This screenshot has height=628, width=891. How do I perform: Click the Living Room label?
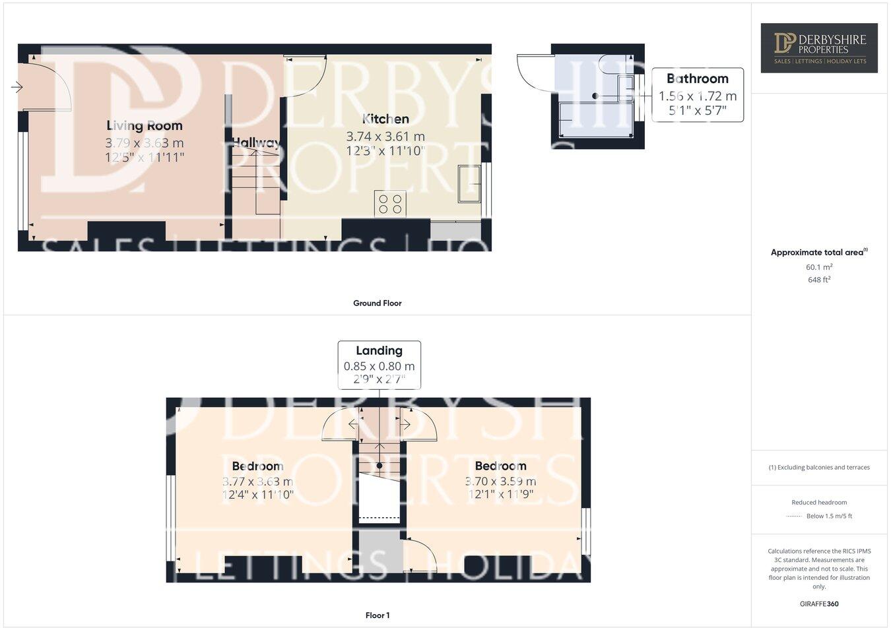point(145,125)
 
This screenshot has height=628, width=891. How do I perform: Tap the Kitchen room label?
point(385,119)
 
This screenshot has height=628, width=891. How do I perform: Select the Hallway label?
point(255,142)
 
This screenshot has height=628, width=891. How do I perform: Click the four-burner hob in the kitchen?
point(390,203)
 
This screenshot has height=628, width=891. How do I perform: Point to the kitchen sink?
point(470,184)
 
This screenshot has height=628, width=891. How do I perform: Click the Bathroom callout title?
point(697,78)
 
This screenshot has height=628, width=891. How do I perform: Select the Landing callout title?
point(379,351)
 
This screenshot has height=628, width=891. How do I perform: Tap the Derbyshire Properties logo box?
point(819,47)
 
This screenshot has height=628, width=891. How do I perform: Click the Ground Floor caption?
point(377,303)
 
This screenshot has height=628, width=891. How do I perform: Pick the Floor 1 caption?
point(378,615)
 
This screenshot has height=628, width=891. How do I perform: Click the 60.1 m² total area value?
point(819,267)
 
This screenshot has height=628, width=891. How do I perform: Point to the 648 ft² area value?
point(819,280)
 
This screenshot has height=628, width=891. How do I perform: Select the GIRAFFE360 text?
point(819,604)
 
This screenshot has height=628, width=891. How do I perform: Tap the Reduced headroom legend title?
point(819,502)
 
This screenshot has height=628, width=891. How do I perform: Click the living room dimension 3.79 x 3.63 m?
point(145,142)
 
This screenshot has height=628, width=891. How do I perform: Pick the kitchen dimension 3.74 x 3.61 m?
point(385,137)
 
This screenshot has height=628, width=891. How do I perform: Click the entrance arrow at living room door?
point(16,87)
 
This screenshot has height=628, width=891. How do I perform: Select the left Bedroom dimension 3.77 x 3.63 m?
point(257,482)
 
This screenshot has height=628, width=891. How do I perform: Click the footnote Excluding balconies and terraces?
point(819,467)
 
